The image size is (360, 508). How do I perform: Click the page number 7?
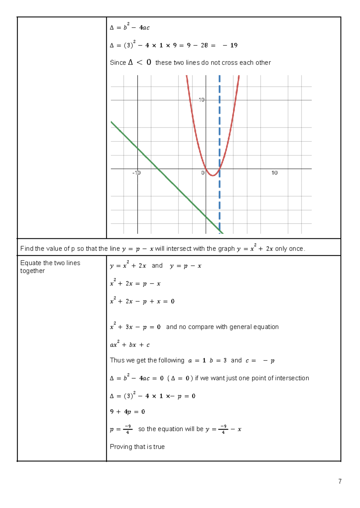click(x=340, y=481)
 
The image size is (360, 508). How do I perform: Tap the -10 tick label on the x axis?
click(x=136, y=173)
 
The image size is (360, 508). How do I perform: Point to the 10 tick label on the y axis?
click(x=202, y=100)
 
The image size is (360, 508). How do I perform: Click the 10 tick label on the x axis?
click(x=274, y=173)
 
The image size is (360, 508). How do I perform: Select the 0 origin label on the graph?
click(x=203, y=173)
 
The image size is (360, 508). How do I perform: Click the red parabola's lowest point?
click(x=212, y=175)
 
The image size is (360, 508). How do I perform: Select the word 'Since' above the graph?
click(x=118, y=63)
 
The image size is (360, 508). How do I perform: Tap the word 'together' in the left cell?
click(x=32, y=271)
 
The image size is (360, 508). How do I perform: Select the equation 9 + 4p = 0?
click(x=127, y=412)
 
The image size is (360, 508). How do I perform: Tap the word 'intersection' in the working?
click(x=292, y=378)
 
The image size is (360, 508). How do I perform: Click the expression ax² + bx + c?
click(x=130, y=345)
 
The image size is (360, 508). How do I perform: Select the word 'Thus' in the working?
click(x=116, y=360)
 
